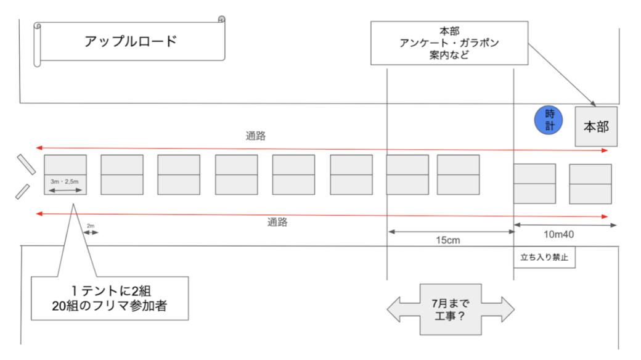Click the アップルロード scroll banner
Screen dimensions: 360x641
point(130,41)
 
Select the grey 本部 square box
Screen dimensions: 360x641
point(596,126)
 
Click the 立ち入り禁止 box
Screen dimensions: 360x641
point(544,257)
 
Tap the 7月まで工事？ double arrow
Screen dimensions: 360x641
point(450,309)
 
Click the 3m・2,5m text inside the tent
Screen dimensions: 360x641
point(65,181)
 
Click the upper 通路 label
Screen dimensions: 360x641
point(255,136)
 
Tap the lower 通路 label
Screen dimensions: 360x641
point(277,223)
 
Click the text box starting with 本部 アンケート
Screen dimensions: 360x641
point(449,43)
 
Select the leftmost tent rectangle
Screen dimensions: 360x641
point(65,174)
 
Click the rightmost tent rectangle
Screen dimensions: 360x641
point(590,184)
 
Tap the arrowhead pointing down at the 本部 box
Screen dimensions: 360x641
point(594,104)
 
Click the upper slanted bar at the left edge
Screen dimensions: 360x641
point(27,164)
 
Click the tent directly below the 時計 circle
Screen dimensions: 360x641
point(534,183)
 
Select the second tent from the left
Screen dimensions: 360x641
point(122,174)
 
